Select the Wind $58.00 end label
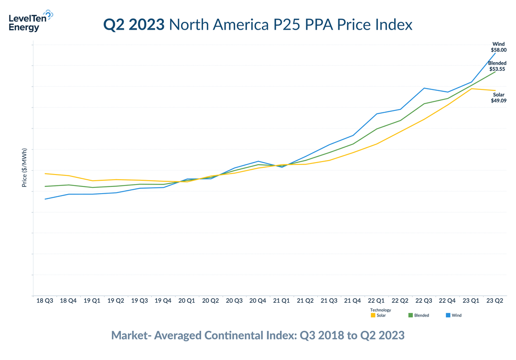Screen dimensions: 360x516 pos(498,47)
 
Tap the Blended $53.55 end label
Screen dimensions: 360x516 pos(497,66)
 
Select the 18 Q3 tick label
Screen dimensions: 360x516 pos(45,301)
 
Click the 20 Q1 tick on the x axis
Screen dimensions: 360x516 pos(187,301)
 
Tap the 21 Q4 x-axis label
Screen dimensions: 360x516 pos(353,301)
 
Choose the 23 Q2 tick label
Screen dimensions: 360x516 pos(494,301)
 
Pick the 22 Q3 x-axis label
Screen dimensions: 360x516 pos(424,301)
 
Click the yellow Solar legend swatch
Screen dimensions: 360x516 pos(373,316)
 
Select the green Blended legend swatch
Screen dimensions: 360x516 pos(410,316)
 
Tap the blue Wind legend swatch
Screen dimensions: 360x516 pos(448,316)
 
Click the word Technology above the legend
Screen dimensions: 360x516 pos(380,310)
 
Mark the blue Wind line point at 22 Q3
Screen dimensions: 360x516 pos(424,88)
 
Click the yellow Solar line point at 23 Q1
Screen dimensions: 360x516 pos(471,88)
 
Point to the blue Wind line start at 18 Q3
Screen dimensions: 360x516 pos(45,199)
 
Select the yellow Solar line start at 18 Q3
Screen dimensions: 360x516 pos(45,174)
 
